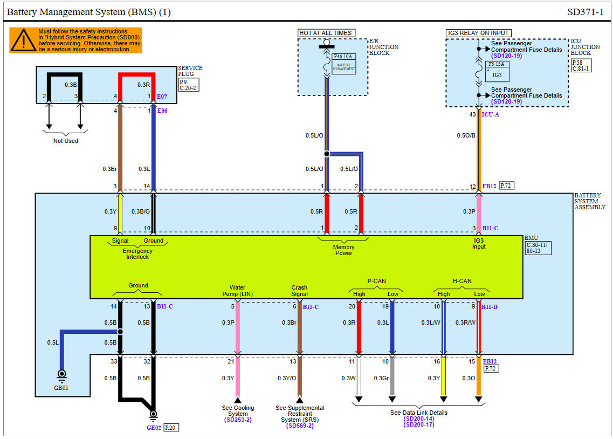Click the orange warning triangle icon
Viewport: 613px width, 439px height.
[24, 40]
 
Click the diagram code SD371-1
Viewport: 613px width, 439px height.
[586, 12]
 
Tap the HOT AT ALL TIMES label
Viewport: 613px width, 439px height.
[326, 33]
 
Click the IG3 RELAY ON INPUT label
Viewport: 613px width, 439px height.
[479, 33]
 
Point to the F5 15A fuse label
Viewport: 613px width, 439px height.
[497, 64]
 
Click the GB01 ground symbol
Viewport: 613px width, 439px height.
[61, 374]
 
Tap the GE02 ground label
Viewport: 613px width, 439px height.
[154, 428]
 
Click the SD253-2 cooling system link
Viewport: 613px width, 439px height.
[238, 420]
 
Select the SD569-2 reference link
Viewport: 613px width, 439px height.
[300, 426]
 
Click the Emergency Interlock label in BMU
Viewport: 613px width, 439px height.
[137, 253]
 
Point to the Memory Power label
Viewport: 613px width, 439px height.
[343, 250]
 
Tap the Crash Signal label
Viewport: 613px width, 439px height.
[299, 291]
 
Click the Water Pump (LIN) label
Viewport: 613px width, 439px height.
[237, 291]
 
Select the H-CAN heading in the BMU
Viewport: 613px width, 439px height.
[462, 281]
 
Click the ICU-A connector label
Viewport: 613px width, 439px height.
[490, 114]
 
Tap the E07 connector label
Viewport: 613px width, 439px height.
[162, 97]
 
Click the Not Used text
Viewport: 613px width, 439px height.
[66, 141]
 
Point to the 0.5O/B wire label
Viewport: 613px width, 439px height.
[466, 136]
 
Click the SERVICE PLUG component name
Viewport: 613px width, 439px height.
[190, 71]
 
